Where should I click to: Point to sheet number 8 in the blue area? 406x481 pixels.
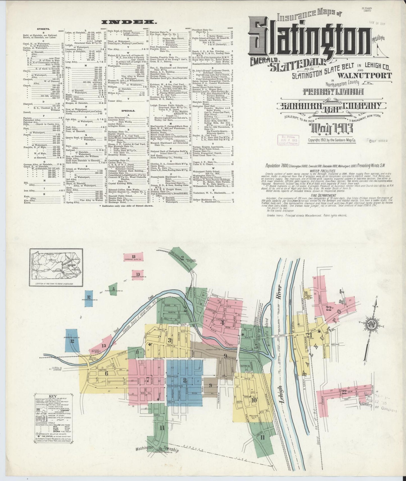pyautogui.click(x=185, y=381)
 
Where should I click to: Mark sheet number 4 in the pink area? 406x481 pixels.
pyautogui.click(x=223, y=322)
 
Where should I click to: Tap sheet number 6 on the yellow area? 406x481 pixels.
pyautogui.click(x=106, y=373)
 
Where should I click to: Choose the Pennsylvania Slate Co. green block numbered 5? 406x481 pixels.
pyautogui.click(x=113, y=289)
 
